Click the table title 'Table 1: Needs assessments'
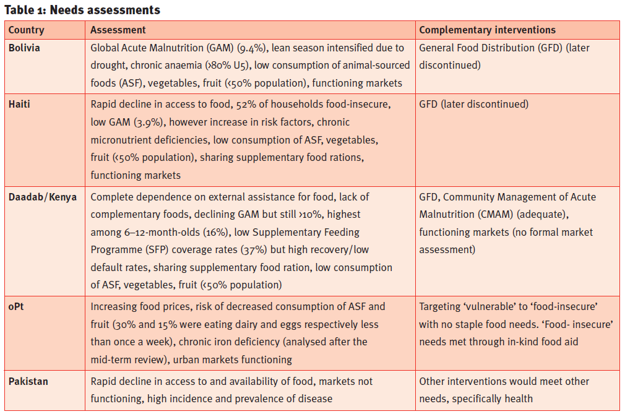(82, 10)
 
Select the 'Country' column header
(27, 30)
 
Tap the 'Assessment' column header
(118, 30)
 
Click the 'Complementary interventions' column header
(488, 30)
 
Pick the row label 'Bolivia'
(25, 48)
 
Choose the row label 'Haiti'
(19, 104)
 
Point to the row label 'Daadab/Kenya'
(43, 197)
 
